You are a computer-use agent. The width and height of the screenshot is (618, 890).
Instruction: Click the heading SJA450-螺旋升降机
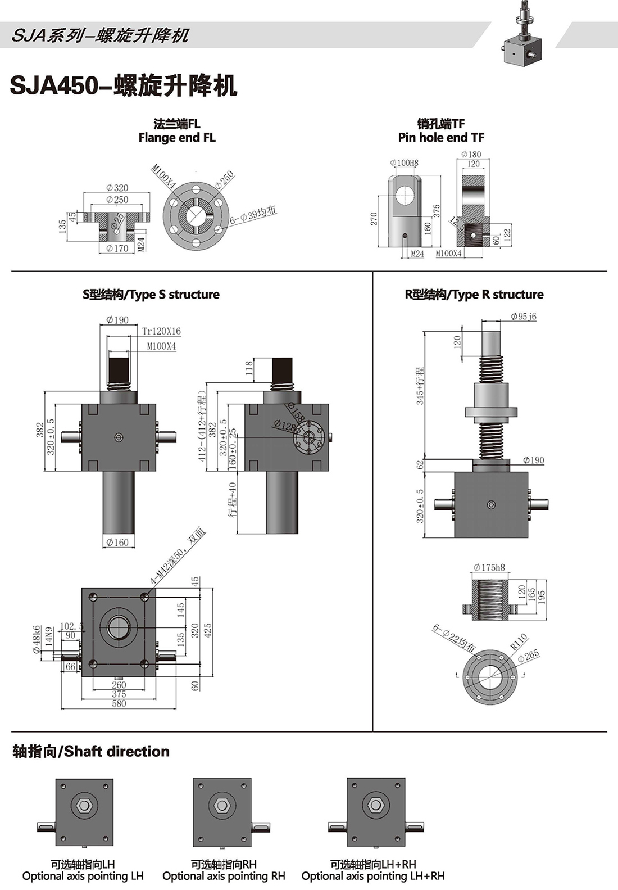124,85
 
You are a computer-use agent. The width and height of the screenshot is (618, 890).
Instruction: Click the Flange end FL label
177,138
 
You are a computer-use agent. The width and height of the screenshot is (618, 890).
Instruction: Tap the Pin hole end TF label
441,138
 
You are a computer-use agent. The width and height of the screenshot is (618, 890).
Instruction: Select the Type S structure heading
151,295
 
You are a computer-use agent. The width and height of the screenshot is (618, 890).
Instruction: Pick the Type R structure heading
474,295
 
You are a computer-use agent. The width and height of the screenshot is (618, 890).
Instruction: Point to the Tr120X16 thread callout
161,332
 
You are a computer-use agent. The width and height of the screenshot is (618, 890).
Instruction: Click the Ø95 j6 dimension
524,317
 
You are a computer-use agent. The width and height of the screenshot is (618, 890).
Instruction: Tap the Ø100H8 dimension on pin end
404,163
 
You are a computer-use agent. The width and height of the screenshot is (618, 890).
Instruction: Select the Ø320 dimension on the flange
117,188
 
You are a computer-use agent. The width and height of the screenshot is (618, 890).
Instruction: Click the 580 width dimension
119,703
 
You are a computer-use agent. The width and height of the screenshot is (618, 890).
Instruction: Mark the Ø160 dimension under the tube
117,543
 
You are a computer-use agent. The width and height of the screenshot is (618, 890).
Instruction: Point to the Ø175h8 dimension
489,568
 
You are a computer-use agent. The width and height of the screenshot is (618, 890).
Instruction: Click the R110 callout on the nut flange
519,641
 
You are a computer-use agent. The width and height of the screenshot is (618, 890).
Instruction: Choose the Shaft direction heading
91,752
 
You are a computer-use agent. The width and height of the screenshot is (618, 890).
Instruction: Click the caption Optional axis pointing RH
224,876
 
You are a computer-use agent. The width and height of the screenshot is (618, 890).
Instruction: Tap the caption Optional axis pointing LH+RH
373,876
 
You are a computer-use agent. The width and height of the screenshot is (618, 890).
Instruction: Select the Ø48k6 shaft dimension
37,639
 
